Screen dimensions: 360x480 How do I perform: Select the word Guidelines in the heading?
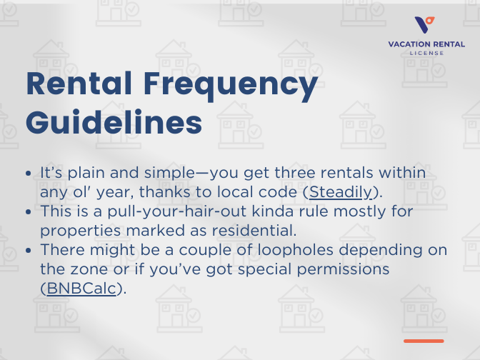tap(114, 122)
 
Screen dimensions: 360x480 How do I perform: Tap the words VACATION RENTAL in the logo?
tap(426, 44)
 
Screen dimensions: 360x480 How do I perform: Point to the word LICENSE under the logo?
tap(426, 53)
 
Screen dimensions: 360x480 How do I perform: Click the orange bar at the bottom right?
tap(424, 341)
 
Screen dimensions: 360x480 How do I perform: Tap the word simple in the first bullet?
tap(154, 174)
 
